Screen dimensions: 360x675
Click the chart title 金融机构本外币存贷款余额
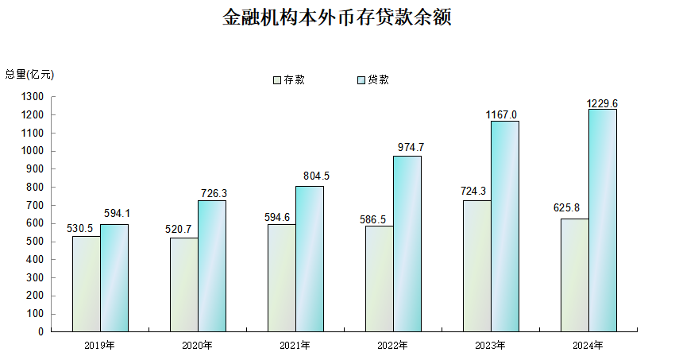pos(337,18)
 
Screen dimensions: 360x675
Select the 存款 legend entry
pos(290,79)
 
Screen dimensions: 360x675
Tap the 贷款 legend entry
pos(373,79)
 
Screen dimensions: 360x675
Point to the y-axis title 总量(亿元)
pos(30,74)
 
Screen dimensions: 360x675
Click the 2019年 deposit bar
pos(87,284)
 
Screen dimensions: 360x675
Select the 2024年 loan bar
pos(603,220)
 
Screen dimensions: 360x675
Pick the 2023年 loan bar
pos(505,226)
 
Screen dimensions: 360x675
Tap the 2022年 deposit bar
pos(380,278)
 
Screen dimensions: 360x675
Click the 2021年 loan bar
pos(310,258)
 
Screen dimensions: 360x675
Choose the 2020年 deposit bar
pos(184,285)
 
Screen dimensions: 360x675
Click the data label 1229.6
pos(603,103)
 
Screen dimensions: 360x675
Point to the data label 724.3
pos(476,191)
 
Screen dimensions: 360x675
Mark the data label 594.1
pos(116,214)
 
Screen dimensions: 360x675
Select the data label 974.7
pos(409,146)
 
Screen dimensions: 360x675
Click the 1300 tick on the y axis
pos(33,97)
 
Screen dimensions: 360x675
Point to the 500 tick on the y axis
pos(36,242)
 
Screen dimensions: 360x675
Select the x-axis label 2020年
pos(198,346)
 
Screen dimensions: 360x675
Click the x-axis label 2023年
pos(491,346)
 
